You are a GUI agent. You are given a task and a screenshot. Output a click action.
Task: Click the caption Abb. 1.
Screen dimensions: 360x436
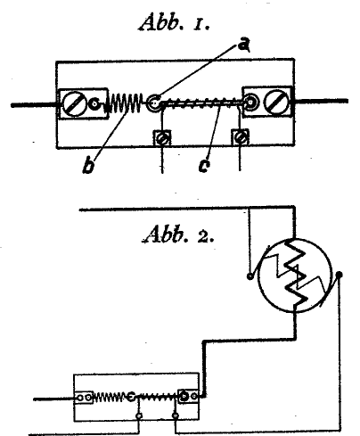(x=175, y=23)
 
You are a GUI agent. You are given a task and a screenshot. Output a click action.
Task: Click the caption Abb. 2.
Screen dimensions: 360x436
(x=178, y=234)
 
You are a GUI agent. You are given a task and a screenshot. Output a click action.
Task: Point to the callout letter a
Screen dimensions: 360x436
(x=244, y=45)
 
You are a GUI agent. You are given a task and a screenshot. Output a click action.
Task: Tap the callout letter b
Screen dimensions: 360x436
(x=88, y=166)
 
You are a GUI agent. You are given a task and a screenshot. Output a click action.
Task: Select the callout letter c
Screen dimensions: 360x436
(x=204, y=166)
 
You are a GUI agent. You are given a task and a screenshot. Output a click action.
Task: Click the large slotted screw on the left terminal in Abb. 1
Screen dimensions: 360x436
(x=73, y=103)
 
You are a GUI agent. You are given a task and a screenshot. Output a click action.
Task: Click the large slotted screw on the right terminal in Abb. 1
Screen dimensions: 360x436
(x=276, y=101)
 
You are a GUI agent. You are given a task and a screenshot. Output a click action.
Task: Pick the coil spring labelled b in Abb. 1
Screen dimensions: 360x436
(x=123, y=103)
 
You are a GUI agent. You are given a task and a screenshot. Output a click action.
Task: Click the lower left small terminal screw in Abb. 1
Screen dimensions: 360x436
(x=162, y=138)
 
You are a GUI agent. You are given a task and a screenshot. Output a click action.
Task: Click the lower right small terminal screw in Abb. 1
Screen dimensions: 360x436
(x=240, y=137)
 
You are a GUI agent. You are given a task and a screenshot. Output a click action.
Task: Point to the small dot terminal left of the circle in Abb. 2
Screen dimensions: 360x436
(x=250, y=276)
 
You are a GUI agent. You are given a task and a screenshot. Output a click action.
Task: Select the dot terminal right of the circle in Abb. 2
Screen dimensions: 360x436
(x=340, y=275)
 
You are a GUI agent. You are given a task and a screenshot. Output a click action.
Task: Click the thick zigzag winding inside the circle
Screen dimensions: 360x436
(x=296, y=274)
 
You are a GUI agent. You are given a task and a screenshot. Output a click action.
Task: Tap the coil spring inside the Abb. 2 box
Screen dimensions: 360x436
(x=109, y=397)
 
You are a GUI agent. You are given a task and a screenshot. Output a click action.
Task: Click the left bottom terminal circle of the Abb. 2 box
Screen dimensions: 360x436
(x=138, y=415)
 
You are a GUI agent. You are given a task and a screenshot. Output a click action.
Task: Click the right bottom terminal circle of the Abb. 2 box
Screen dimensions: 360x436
(x=176, y=415)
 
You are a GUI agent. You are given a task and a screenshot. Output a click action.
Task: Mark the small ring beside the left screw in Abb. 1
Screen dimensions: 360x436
(x=94, y=103)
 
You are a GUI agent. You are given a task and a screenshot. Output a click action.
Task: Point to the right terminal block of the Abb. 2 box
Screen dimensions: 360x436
(x=188, y=396)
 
